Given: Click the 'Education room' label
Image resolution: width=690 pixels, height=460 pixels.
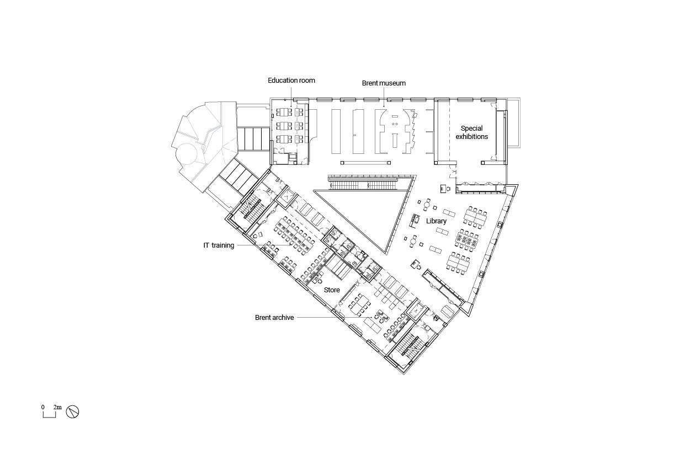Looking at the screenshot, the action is click(x=291, y=81).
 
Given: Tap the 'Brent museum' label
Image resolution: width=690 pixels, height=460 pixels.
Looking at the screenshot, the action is click(x=384, y=83).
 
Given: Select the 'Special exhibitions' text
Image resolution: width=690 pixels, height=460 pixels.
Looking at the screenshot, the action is click(x=471, y=132).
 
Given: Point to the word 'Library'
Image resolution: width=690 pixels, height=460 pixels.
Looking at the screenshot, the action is click(x=436, y=221).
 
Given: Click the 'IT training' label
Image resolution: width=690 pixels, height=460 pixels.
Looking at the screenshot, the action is click(x=219, y=245).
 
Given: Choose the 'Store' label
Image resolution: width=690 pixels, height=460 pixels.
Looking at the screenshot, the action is click(x=332, y=290).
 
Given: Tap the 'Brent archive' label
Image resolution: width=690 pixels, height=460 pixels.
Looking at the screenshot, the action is click(x=274, y=318).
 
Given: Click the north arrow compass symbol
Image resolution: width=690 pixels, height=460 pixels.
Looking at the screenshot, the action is click(x=72, y=411).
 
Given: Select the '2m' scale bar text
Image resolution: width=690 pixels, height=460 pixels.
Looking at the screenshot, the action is click(x=57, y=407).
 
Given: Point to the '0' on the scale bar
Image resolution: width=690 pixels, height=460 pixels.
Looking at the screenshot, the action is click(x=43, y=407).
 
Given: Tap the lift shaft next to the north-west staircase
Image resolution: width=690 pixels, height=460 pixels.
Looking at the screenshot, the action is click(x=286, y=196).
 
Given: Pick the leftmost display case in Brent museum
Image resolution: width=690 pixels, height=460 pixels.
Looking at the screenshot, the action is click(x=336, y=131).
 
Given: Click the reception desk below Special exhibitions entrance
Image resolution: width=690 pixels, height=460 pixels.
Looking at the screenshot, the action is click(x=443, y=189).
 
